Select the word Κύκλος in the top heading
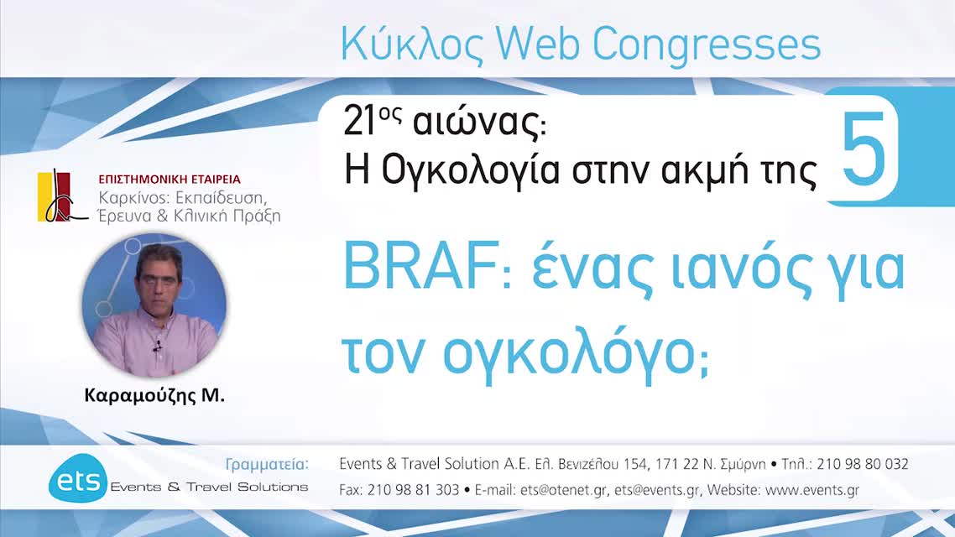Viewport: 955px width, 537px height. (412, 45)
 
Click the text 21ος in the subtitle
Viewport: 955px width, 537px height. (369, 123)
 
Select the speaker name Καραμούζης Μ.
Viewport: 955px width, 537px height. (154, 396)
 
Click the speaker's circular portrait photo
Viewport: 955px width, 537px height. (154, 305)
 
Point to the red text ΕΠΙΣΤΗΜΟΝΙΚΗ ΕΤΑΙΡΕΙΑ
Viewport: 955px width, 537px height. (170, 179)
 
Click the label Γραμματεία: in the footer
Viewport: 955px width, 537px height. (268, 464)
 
